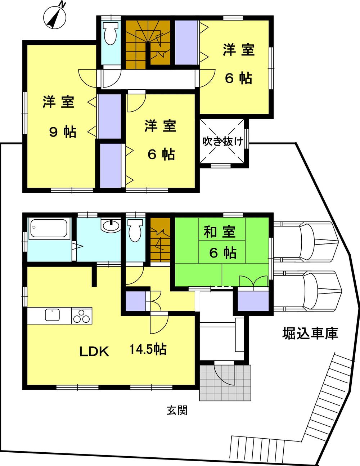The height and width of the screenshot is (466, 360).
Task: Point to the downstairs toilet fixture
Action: coord(135,231)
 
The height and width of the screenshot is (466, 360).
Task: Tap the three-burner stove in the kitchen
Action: coord(81,316)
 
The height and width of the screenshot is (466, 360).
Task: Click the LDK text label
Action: coord(94,351)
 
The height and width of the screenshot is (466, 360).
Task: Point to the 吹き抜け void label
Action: coord(222,141)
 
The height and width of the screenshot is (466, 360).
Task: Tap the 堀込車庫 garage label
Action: coord(310,334)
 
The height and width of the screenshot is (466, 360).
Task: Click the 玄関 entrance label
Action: coord(177,410)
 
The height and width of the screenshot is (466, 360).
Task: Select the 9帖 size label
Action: coord(63,133)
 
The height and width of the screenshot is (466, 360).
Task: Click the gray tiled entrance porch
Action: coord(225,382)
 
